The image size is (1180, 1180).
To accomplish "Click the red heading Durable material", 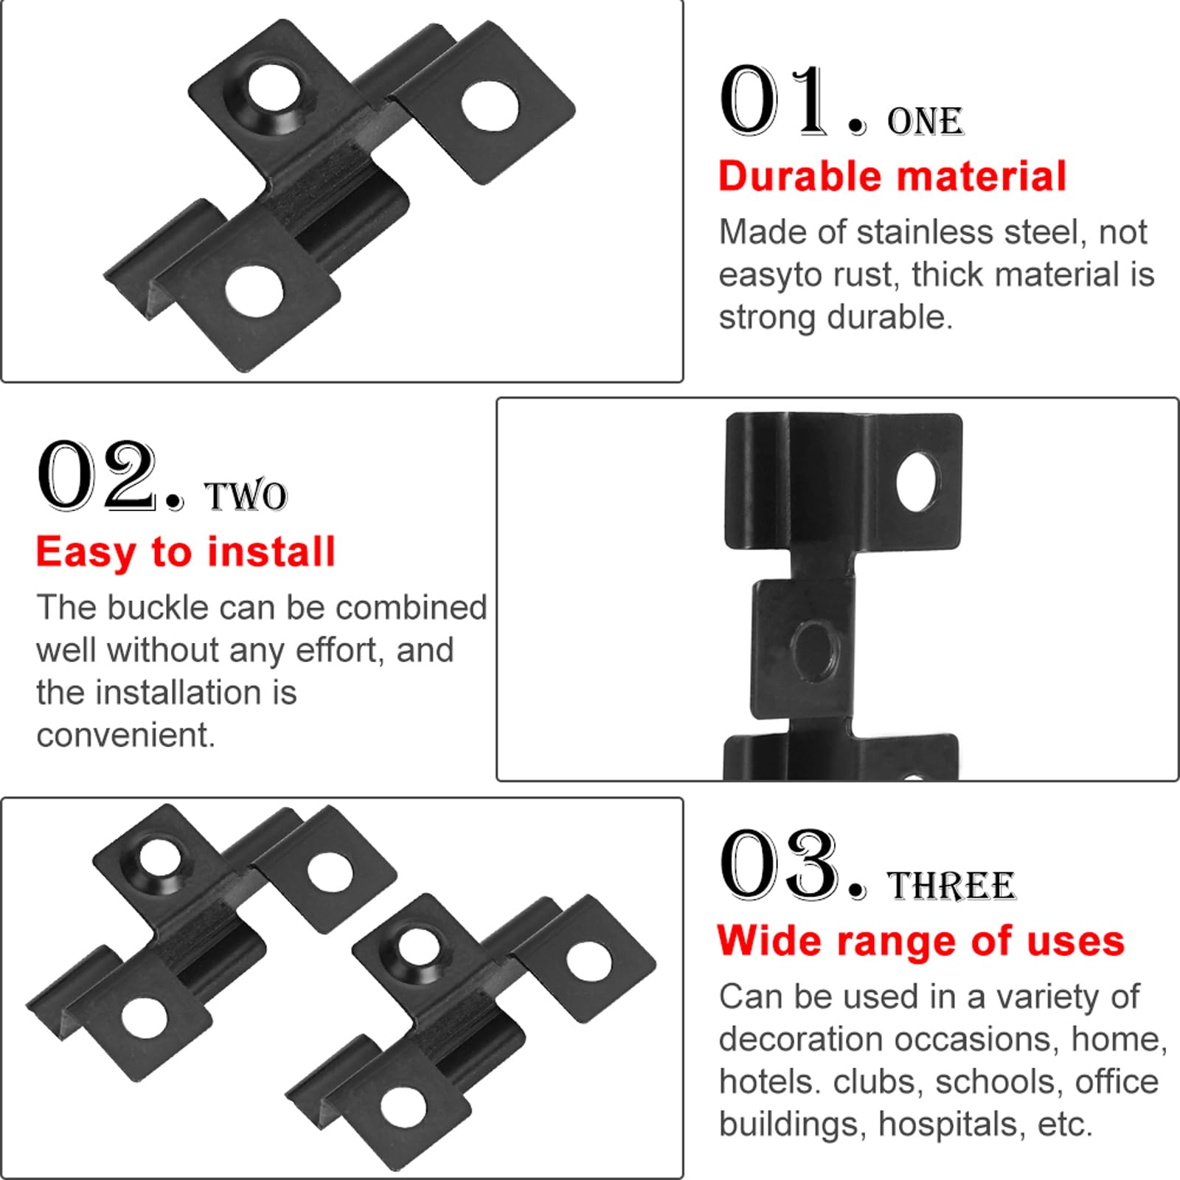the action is (892, 176).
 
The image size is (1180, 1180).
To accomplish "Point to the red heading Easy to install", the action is (186, 552).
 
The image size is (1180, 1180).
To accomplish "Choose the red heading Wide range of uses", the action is (921, 941).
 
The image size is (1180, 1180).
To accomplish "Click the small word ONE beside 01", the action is (926, 122).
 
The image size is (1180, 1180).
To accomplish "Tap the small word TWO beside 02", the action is (246, 496).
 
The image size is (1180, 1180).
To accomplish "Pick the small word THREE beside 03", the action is (952, 886).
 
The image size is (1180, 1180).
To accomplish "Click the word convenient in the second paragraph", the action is (125, 735).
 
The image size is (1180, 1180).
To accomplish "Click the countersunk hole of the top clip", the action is (273, 89).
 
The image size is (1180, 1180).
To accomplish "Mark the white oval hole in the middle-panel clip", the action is (917, 482).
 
